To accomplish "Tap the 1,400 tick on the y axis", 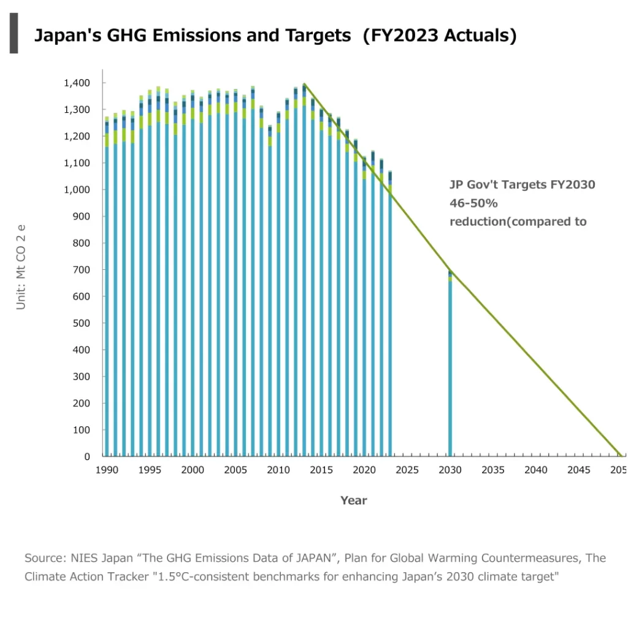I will (x=77, y=83).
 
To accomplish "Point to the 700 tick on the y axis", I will (x=81, y=270).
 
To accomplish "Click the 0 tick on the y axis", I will (x=86, y=456).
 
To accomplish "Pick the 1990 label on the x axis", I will (x=107, y=470).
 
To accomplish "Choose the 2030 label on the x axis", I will (x=450, y=470).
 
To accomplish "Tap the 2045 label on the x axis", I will (x=578, y=470).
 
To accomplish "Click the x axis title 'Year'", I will (x=354, y=500).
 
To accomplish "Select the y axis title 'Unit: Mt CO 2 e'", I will (x=21, y=267).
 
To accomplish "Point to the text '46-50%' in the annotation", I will (x=473, y=203).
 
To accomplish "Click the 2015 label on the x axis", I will (x=321, y=470).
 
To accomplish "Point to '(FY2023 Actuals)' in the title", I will (x=439, y=36).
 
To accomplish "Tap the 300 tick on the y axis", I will (x=81, y=377).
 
